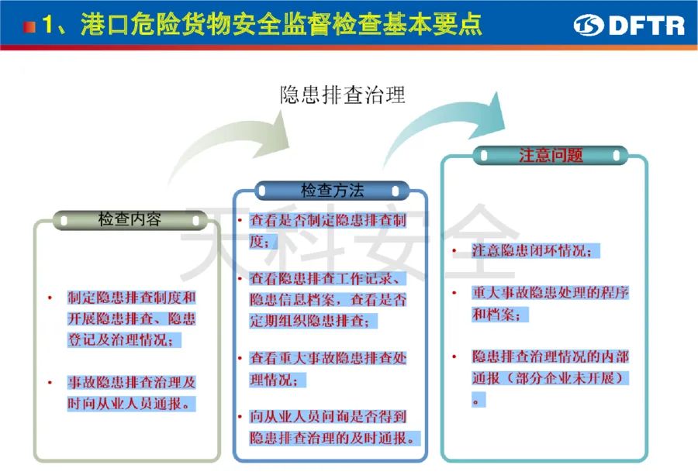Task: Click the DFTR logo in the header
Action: click(629, 25)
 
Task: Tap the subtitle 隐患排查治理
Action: click(343, 95)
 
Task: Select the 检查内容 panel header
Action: click(130, 220)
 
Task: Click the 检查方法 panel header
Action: click(332, 191)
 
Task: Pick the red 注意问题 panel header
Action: click(551, 155)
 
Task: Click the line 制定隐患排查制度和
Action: click(131, 297)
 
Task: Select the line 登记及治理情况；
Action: click(124, 340)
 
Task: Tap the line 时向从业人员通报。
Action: click(131, 404)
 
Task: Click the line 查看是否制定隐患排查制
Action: click(328, 220)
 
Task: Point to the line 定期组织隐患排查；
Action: click(313, 321)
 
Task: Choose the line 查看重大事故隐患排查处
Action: click(328, 358)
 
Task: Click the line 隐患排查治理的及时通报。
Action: click(335, 438)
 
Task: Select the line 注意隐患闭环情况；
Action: click(536, 250)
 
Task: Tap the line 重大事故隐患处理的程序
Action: click(550, 293)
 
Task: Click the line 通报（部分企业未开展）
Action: click(550, 378)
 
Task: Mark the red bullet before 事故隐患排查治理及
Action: click(50, 383)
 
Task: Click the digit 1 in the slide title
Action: click(47, 25)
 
